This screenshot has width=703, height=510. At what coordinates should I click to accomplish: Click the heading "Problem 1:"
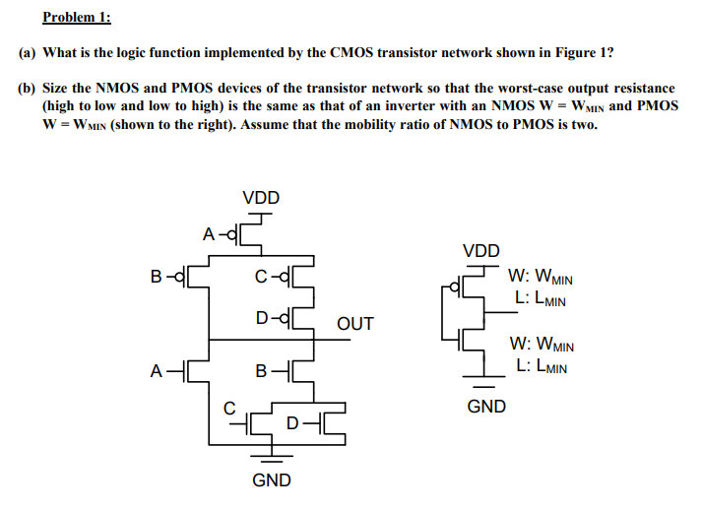click(77, 17)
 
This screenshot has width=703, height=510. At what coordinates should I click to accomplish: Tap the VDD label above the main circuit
click(261, 198)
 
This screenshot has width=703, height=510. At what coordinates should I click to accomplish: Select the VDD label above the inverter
click(480, 251)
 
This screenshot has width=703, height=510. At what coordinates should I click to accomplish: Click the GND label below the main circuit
click(272, 480)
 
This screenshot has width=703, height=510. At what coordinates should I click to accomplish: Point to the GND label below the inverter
click(486, 406)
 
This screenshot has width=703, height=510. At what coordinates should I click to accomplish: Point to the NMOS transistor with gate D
click(332, 424)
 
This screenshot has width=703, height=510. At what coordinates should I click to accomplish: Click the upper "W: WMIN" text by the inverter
click(542, 279)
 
